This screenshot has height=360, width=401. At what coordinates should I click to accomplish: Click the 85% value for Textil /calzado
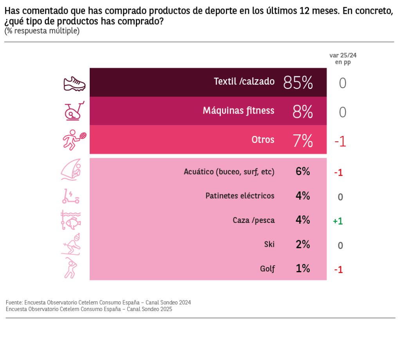coord(298,82)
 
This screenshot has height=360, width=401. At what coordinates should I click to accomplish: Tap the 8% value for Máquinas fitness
coord(302,112)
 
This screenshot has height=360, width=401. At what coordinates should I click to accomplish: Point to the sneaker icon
coord(74,84)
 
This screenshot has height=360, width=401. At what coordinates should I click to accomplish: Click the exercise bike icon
coord(74,111)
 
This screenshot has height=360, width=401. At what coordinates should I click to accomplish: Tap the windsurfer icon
coord(71,170)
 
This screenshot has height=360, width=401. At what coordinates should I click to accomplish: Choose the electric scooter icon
coord(70,196)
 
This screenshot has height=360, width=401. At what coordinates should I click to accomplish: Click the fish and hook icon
coord(71,220)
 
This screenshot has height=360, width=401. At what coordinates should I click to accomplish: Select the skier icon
coord(71,244)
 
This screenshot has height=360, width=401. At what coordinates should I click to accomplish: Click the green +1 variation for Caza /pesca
coord(338,221)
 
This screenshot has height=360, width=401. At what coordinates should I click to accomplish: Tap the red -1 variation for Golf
coord(338,270)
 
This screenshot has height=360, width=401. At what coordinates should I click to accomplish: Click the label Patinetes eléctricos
coord(240,195)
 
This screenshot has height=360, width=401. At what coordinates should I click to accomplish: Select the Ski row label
coord(269,244)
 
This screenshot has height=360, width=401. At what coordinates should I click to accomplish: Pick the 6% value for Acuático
coord(303,171)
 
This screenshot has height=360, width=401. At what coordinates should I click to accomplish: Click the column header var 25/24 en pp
coord(343,59)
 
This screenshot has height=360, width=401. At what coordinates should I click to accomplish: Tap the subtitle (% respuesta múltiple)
coord(42,31)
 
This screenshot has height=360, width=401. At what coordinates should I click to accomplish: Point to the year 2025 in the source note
coord(166,309)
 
